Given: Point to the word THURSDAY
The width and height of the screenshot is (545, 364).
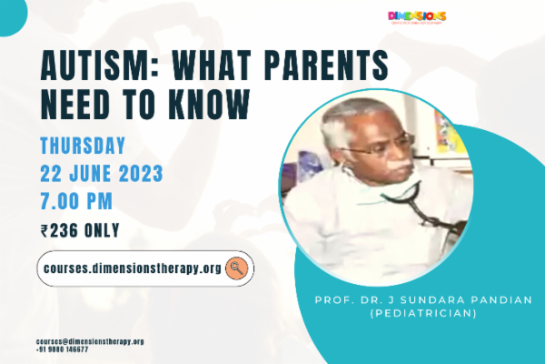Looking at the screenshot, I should point(83,146).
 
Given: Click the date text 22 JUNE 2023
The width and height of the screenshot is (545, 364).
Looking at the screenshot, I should point(102,172).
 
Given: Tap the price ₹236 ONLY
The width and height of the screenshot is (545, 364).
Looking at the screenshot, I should point(80,230).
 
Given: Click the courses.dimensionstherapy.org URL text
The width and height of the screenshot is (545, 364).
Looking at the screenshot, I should point(132,268).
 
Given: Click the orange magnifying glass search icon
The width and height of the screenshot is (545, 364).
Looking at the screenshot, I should point(237,268).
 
